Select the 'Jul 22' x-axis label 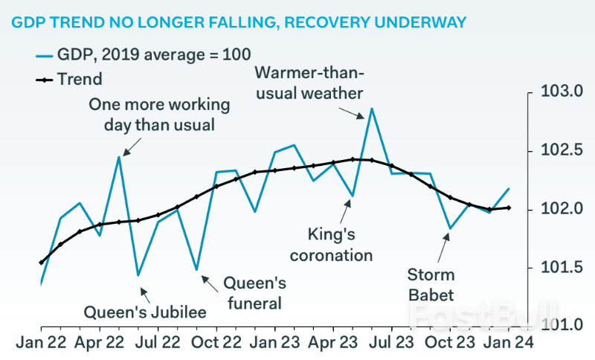point(158,343)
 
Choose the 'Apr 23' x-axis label point(332,343)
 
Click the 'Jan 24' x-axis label point(509,343)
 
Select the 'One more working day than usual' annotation point(151,115)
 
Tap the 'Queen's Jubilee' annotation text point(144,312)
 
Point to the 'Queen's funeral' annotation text point(254,293)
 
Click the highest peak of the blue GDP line point(372,109)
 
